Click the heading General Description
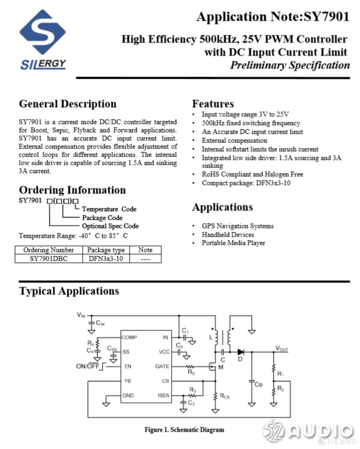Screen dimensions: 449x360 (68, 104)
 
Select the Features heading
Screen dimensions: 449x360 (213, 104)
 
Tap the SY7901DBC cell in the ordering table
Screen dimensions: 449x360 (49, 259)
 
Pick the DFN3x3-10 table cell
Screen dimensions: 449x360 (106, 259)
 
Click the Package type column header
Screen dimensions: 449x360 (106, 250)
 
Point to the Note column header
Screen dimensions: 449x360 (145, 250)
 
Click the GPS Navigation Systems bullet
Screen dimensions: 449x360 (237, 226)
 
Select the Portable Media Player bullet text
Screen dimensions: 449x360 (233, 243)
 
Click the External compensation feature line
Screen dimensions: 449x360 (234, 141)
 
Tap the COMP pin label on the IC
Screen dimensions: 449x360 (129, 337)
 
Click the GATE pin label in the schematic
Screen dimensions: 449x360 (162, 366)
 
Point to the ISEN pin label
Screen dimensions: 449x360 (163, 395)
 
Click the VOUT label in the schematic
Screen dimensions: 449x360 (282, 349)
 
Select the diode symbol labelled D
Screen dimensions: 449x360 (240, 352)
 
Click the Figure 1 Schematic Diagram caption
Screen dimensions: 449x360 (184, 430)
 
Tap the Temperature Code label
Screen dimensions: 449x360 (109, 209)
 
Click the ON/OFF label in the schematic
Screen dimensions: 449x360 (88, 366)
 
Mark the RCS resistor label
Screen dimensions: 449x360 (225, 396)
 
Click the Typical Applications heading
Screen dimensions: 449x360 (69, 291)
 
